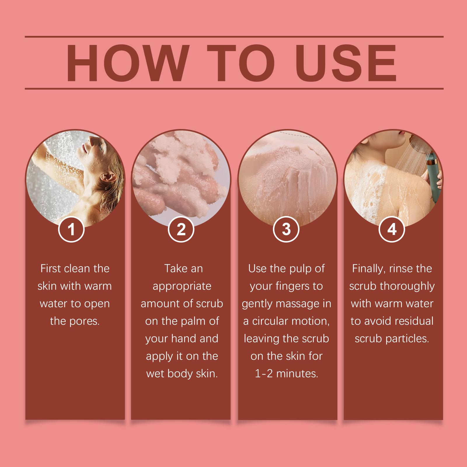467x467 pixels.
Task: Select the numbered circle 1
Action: tap(71, 229)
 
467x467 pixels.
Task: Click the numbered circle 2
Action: tap(181, 229)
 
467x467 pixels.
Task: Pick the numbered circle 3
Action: tap(286, 229)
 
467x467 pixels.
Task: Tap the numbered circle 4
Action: tap(392, 229)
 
